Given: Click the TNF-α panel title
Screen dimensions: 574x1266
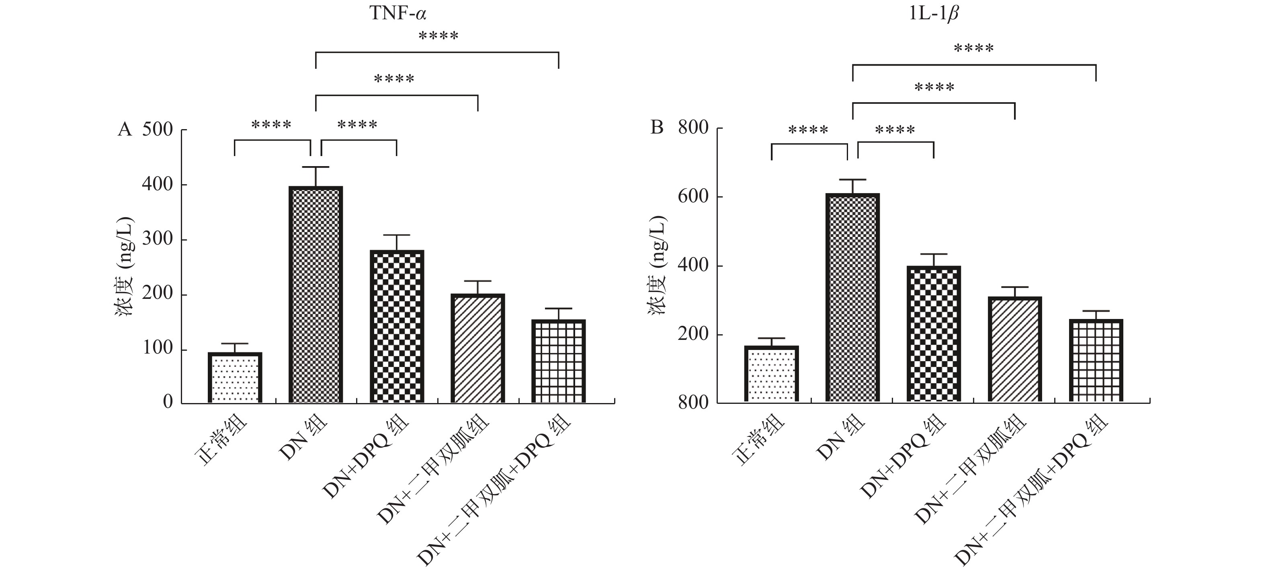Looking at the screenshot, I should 397,13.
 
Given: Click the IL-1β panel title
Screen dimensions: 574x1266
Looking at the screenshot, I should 933,13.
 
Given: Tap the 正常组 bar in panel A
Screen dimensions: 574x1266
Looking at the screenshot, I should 234,378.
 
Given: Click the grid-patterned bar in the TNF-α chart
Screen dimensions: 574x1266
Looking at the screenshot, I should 559,361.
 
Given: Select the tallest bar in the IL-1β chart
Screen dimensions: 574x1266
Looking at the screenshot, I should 852,298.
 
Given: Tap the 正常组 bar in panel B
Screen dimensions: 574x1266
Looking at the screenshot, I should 771,374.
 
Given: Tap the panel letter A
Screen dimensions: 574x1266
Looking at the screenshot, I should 125,130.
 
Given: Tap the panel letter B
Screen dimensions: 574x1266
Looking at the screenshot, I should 657,128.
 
